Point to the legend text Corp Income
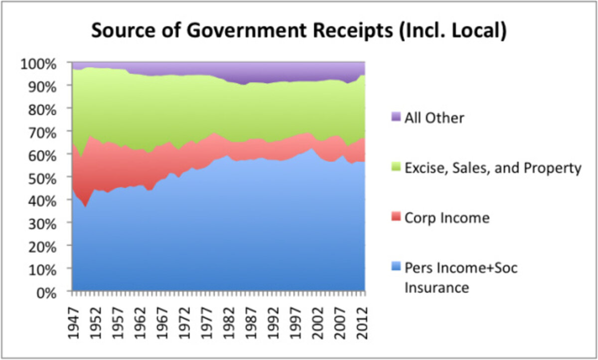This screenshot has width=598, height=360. [447, 218]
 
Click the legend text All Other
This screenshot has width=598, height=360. [434, 118]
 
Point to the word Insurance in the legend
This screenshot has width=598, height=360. [437, 288]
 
